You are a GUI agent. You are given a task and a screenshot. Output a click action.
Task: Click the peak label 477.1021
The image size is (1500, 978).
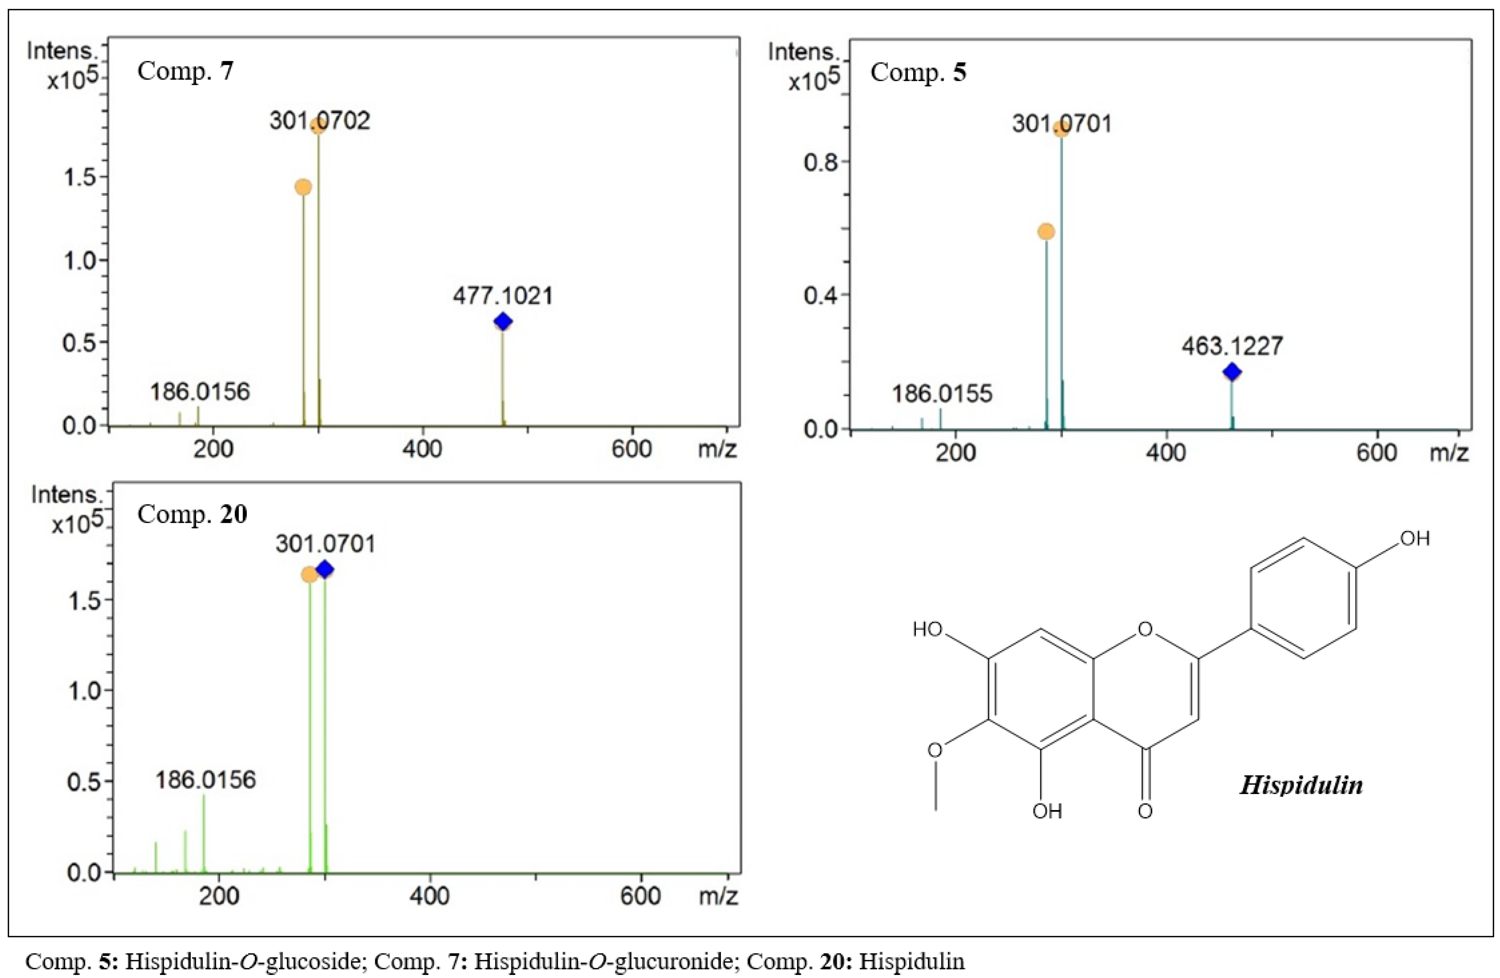point(502,296)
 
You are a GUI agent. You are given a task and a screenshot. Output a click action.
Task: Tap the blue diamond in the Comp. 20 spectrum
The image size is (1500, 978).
point(324,570)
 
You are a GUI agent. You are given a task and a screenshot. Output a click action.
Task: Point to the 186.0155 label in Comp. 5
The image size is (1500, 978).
point(942,394)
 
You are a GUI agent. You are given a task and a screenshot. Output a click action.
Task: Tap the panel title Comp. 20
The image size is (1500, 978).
point(192,514)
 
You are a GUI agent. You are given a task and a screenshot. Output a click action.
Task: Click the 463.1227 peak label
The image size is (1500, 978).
point(1232,346)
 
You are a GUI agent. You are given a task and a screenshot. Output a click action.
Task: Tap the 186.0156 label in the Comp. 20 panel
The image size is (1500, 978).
point(206,780)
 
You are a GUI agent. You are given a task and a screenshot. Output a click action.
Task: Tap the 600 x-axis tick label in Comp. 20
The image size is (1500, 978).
point(641,895)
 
